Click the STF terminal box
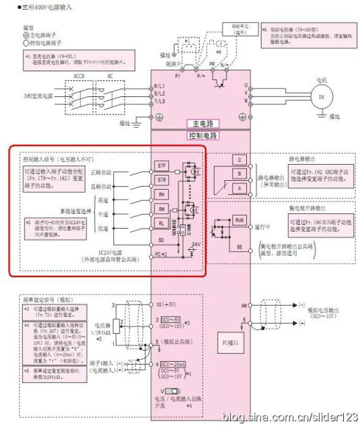coord(162,167)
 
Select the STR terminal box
coord(162,179)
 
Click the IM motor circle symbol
coord(320,97)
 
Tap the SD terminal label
coord(162,239)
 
